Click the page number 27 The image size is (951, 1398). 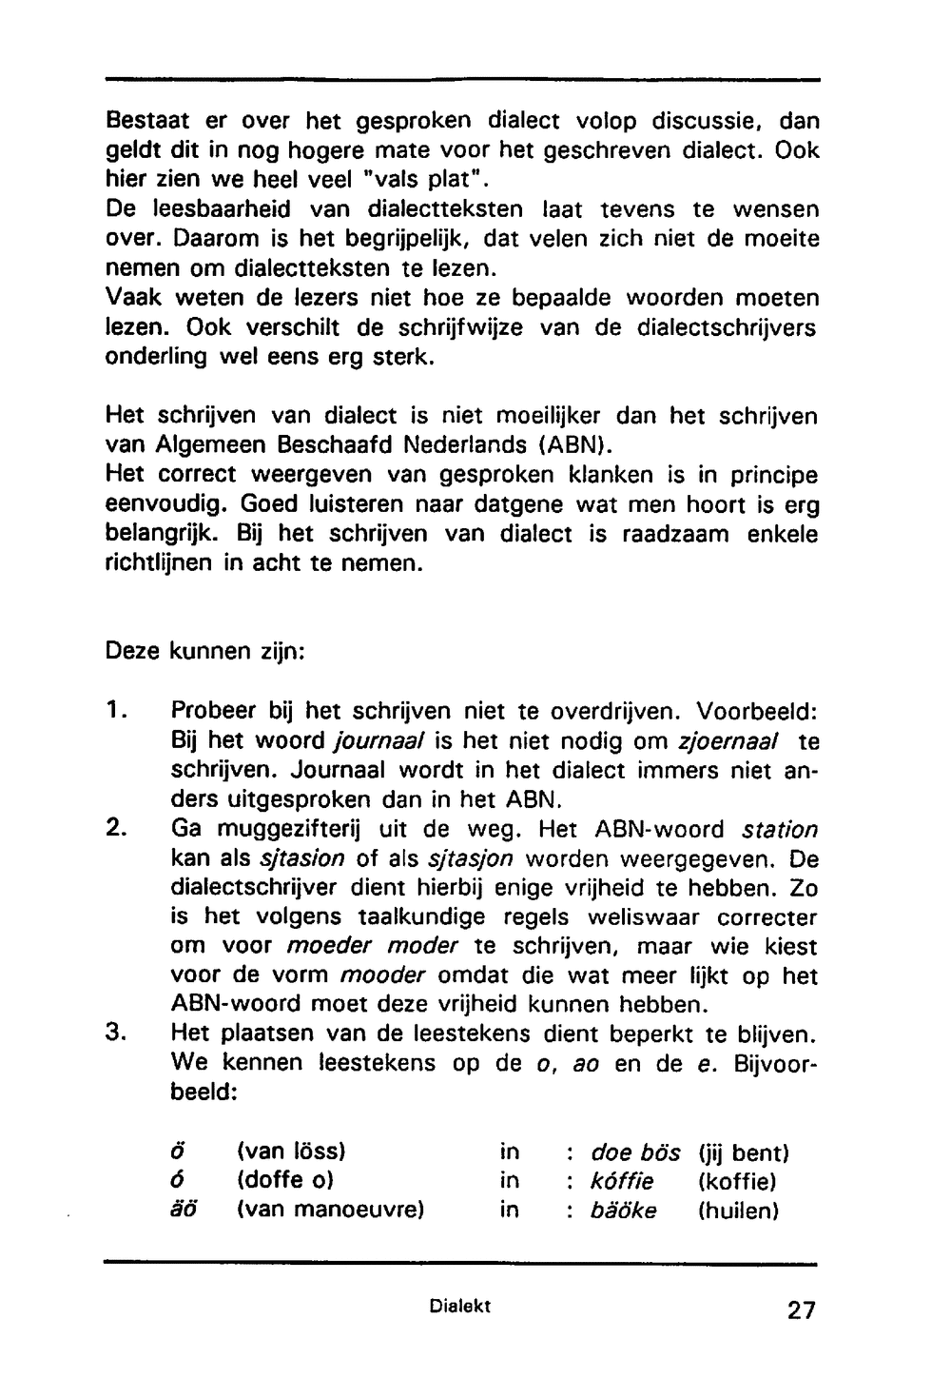(801, 1310)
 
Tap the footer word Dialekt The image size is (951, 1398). (459, 1307)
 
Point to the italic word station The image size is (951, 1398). (779, 830)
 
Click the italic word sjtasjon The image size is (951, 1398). (472, 859)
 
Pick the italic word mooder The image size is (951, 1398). (381, 976)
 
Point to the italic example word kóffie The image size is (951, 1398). (622, 1182)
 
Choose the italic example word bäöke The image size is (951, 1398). (623, 1211)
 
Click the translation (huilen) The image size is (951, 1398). (738, 1211)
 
